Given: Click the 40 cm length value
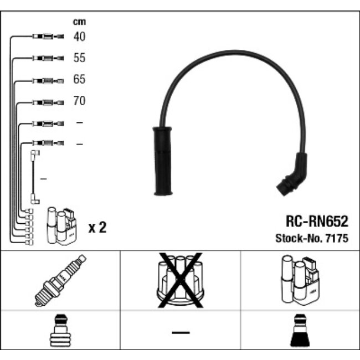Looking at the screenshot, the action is pyautogui.click(x=79, y=37).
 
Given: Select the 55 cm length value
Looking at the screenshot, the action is pyautogui.click(x=79, y=58).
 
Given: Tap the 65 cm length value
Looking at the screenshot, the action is pyautogui.click(x=79, y=79).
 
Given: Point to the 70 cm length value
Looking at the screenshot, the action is pyautogui.click(x=79, y=101).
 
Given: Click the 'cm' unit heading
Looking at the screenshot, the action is pyautogui.click(x=79, y=22).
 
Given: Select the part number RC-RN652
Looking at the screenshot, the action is pyautogui.click(x=317, y=222).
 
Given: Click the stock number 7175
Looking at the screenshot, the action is pyautogui.click(x=337, y=238).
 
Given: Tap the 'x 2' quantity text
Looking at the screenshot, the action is pyautogui.click(x=97, y=227).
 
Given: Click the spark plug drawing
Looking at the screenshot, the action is pyautogui.click(x=60, y=280).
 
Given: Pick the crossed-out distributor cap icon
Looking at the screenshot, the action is pyautogui.click(x=180, y=280).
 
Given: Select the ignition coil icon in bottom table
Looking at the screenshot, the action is pyautogui.click(x=300, y=280).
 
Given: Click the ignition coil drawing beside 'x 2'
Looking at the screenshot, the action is pyautogui.click(x=61, y=225).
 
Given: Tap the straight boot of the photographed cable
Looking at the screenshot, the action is pyautogui.click(x=162, y=161).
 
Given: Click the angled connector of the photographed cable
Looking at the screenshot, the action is pyautogui.click(x=292, y=174).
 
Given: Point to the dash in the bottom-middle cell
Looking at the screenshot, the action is pyautogui.click(x=181, y=332).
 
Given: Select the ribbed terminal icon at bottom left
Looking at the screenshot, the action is pyautogui.click(x=60, y=330).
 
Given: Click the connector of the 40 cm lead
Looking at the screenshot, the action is pyautogui.click(x=48, y=36).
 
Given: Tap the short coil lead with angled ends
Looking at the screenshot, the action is pyautogui.click(x=35, y=177).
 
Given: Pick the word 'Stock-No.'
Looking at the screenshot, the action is pyautogui.click(x=300, y=238).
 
